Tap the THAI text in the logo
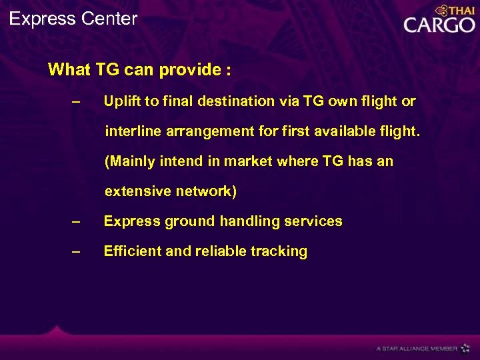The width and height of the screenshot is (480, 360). [461, 11]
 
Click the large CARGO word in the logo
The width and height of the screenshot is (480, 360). [439, 25]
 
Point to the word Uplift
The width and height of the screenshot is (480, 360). [122, 101]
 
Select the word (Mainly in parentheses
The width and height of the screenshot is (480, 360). [129, 161]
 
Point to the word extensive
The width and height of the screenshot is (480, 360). [137, 191]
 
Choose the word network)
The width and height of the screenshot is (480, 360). [206, 191]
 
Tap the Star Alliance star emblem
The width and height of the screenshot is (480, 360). [465, 348]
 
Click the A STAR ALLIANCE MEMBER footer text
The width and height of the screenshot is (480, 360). [417, 349]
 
